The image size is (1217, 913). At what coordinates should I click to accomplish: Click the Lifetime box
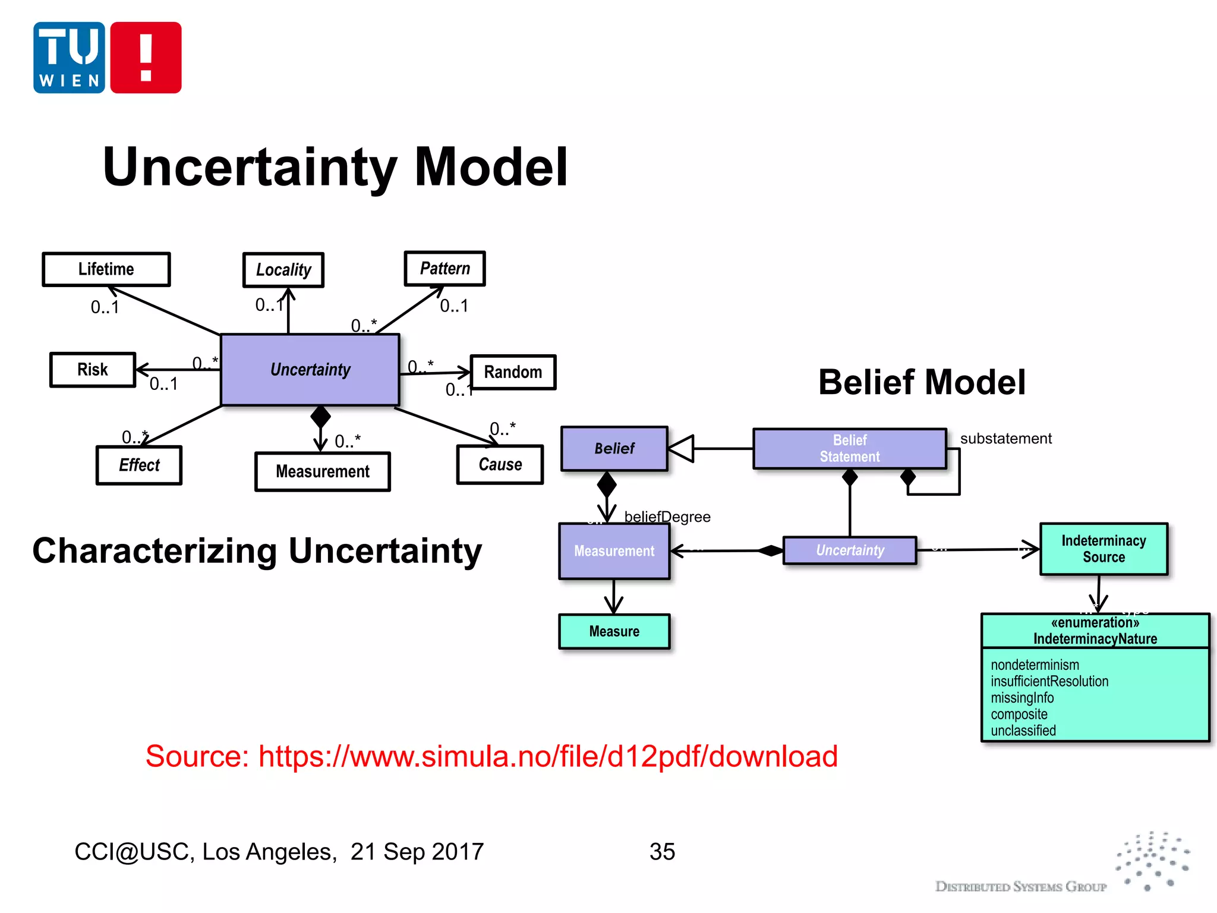click(x=106, y=269)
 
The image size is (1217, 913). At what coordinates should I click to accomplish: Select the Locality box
click(x=283, y=270)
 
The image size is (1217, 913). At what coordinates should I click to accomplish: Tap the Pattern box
click(x=444, y=269)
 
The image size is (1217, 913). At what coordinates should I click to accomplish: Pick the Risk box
click(x=93, y=370)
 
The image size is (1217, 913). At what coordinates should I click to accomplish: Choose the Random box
click(x=513, y=372)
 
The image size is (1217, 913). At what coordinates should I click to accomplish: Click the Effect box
click(x=139, y=465)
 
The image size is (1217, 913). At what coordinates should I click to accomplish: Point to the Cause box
click(x=500, y=465)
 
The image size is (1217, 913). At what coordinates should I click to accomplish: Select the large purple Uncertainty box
click(x=310, y=370)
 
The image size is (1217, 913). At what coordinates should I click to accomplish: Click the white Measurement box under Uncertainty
click(x=322, y=472)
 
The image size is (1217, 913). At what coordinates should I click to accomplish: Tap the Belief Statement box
click(x=850, y=449)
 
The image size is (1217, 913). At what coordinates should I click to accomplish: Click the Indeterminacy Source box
click(x=1104, y=549)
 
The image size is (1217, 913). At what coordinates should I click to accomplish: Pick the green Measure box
click(x=614, y=631)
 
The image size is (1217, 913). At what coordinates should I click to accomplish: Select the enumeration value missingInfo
click(x=1022, y=698)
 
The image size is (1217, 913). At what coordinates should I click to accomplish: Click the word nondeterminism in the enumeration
click(x=1035, y=665)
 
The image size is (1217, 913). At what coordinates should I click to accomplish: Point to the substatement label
click(x=1005, y=439)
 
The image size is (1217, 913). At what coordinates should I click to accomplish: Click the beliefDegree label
click(x=667, y=517)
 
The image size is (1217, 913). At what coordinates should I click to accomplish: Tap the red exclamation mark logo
click(x=146, y=58)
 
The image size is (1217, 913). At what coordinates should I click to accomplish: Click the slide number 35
click(x=662, y=852)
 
